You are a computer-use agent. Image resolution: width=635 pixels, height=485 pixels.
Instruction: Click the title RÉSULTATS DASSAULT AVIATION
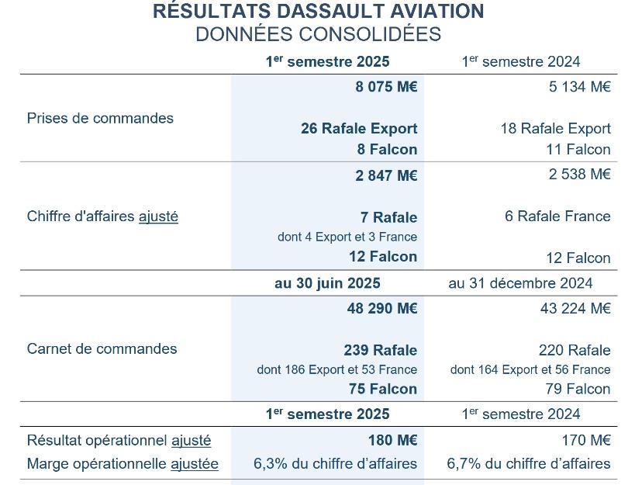pos(318,12)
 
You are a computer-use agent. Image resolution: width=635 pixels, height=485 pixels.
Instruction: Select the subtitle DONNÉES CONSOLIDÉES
pos(318,35)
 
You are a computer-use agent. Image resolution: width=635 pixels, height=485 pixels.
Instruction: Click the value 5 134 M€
pos(579,87)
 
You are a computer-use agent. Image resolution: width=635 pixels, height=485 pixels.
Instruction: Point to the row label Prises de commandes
pos(100,119)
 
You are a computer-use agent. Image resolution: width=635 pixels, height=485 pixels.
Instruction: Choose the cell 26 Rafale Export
pos(359,129)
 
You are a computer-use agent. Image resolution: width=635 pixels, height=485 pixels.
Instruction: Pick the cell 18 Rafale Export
pos(555,129)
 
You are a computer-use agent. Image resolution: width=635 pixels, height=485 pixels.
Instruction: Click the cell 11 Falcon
pos(578,150)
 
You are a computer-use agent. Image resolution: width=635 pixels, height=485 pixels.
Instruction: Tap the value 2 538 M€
pos(579,175)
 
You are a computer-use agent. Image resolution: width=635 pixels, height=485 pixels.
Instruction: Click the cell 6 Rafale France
pos(557,217)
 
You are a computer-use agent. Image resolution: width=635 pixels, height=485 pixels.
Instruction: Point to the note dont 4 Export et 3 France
pos(347,237)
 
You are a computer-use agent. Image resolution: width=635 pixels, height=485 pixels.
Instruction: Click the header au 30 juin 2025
pos(327,283)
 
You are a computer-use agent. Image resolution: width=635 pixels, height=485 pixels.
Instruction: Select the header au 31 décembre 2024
pos(520,283)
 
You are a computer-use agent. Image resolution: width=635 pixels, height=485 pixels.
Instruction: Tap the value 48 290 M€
pos(381,309)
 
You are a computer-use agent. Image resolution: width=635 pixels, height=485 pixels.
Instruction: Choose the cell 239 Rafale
pos(380,351)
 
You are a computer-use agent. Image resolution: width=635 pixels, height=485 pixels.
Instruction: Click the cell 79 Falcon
pos(578,389)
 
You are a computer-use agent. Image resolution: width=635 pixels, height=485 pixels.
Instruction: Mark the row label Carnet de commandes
pos(102,349)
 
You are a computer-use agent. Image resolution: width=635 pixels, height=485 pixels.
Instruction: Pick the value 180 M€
pos(392,441)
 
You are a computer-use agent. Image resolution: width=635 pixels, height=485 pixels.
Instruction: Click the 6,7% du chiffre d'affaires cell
pos(529,464)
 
